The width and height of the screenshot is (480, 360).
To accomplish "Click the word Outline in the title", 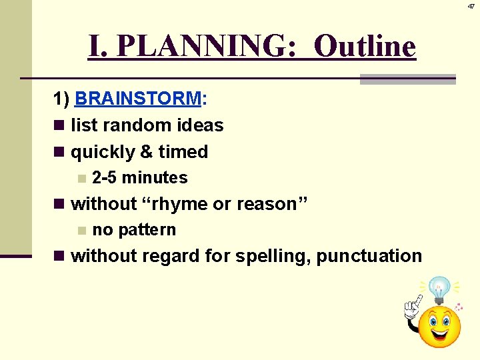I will click(x=365, y=46).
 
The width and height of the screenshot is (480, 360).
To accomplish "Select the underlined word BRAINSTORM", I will click(x=138, y=99).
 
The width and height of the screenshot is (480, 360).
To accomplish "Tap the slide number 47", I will click(x=471, y=5).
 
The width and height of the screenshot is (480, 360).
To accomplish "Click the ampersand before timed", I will click(x=146, y=152).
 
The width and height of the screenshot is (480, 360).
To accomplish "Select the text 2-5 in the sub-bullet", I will click(x=105, y=178).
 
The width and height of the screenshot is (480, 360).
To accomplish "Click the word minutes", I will click(x=155, y=178).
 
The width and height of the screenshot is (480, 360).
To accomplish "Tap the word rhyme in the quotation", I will click(x=175, y=204).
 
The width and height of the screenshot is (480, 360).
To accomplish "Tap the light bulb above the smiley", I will click(x=439, y=289).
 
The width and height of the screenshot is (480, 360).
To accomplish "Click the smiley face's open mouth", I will click(x=439, y=331).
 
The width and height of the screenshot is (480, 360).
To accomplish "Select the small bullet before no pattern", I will click(x=81, y=231).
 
